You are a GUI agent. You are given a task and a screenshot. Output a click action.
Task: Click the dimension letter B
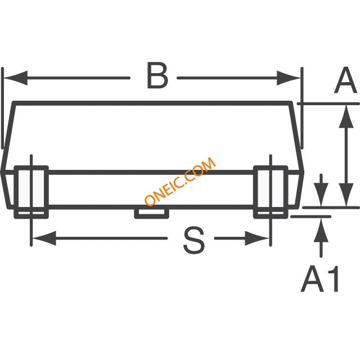[x=157, y=76]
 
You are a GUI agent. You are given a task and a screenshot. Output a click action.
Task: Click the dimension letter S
[x=194, y=241]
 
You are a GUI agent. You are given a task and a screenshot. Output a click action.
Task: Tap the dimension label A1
[x=321, y=280]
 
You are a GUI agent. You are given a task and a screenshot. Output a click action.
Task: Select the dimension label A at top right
[x=345, y=82]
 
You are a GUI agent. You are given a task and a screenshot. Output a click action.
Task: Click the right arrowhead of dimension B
[x=294, y=77]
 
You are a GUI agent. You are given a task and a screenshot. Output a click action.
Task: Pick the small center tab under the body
[x=151, y=212]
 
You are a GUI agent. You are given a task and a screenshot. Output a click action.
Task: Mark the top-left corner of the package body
[x=13, y=103]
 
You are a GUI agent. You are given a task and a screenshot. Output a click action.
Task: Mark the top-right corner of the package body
[x=292, y=103]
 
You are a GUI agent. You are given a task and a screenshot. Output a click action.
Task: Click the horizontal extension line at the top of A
[x=332, y=103]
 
